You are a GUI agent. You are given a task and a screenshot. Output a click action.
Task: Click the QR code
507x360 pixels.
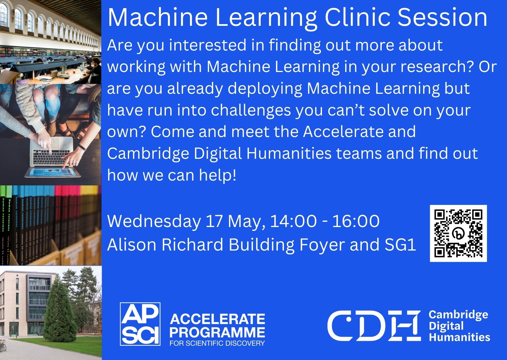point(458,233)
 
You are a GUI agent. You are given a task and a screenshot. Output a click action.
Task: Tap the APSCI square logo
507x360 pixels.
point(140,324)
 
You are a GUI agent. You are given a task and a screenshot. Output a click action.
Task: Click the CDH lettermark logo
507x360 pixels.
point(374,325)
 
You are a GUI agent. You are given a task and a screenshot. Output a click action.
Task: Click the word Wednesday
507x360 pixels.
point(154,221)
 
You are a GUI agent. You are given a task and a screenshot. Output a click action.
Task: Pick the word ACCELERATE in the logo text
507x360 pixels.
point(217,319)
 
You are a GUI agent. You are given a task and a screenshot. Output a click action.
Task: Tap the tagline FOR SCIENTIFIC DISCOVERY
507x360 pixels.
point(217,343)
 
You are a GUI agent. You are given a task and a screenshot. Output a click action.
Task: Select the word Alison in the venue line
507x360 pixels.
point(132,244)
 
